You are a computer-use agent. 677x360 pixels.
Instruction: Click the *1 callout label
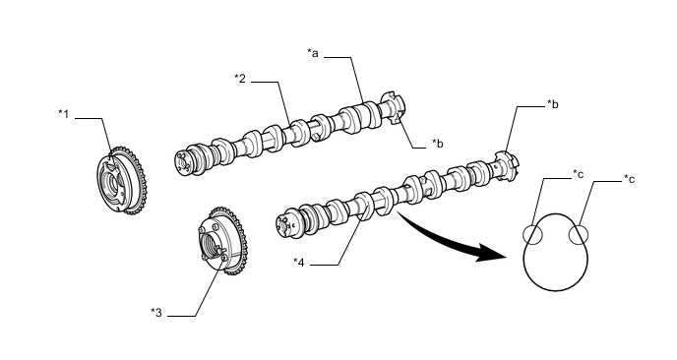(64, 114)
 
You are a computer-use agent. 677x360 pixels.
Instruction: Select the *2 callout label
(240, 79)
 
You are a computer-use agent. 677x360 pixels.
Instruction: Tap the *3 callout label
(156, 313)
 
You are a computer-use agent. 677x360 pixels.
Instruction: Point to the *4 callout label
(299, 262)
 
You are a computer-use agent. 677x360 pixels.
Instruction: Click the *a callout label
(313, 53)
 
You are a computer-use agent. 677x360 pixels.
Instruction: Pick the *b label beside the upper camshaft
(437, 144)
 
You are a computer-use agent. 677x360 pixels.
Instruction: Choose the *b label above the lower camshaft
(553, 104)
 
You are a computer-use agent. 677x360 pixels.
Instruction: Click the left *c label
(579, 174)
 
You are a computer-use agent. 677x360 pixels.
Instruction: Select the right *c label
(629, 179)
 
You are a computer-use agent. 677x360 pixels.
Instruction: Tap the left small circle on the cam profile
(532, 235)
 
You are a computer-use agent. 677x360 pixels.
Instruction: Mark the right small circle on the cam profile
(579, 235)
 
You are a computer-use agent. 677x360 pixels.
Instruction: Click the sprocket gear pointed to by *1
(122, 181)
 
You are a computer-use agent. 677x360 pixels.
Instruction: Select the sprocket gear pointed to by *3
(222, 241)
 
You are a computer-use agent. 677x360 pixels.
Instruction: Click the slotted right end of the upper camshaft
(394, 108)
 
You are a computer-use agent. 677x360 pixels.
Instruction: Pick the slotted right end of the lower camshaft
(507, 166)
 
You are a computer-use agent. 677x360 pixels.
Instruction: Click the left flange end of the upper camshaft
(183, 162)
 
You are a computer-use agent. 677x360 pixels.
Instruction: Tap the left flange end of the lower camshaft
(285, 223)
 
